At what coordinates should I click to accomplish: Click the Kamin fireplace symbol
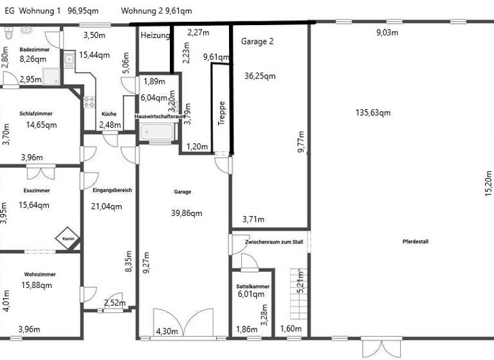coord(68,237)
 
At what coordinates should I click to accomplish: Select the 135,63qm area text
coord(373,113)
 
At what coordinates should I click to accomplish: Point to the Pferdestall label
coord(416,242)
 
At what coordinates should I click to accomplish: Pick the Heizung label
coord(155,35)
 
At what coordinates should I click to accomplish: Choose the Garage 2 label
coord(257,41)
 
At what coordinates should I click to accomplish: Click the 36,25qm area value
coord(260,75)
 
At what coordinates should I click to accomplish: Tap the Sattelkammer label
coord(253,286)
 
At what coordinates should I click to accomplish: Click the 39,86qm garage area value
coord(187,213)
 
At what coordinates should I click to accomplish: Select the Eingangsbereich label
coord(112,190)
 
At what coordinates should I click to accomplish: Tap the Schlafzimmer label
coord(36,113)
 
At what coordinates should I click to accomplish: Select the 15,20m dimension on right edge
coord(487,183)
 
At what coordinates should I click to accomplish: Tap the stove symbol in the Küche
coord(89,102)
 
